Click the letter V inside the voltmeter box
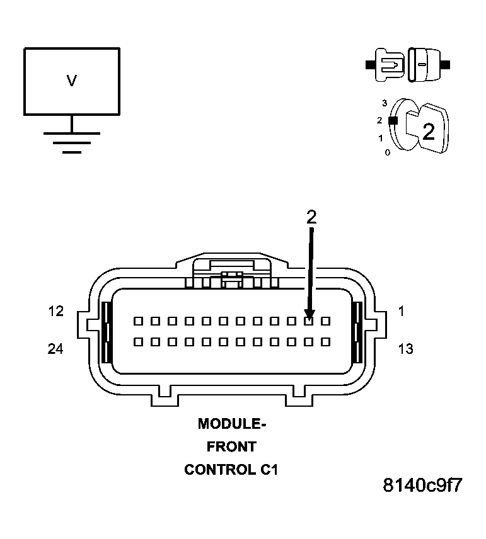72,81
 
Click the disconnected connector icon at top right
407,64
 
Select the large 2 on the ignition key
429,132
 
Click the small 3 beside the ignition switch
384,102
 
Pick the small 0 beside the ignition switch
387,152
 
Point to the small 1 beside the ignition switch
380,137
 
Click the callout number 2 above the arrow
311,217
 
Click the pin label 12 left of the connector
55,311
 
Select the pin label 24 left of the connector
55,348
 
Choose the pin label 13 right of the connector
406,348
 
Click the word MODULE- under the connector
232,424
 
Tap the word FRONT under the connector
231,446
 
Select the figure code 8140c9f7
423,486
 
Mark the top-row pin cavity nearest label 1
326,321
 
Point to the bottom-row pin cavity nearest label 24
138,342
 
